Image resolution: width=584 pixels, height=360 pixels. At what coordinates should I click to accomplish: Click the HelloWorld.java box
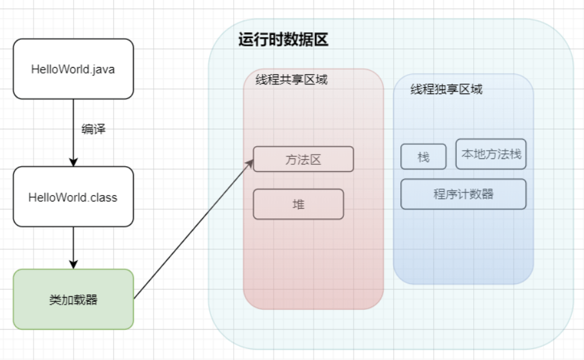(x=73, y=69)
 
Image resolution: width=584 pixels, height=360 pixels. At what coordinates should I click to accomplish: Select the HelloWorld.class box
(x=73, y=196)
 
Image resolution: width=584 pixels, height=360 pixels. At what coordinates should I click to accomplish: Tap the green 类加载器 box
(x=73, y=299)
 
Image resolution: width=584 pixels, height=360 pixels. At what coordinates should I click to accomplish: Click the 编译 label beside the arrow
(x=93, y=129)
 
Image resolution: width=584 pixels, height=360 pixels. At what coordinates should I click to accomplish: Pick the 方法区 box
(x=303, y=159)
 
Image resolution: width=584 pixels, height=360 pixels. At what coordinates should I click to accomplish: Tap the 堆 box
(x=298, y=204)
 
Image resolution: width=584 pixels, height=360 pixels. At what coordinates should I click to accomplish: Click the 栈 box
(x=423, y=156)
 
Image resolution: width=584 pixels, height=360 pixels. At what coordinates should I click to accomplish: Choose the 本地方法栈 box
(x=491, y=154)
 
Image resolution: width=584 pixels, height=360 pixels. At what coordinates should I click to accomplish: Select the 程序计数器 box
(x=463, y=194)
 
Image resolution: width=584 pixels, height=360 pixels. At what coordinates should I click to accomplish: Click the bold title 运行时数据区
(x=283, y=39)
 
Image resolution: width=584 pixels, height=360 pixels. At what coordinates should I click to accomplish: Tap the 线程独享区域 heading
(x=446, y=90)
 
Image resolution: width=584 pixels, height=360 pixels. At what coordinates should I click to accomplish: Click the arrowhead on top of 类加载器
(x=73, y=264)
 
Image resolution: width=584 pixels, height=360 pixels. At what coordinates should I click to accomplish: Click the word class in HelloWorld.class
(x=104, y=197)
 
